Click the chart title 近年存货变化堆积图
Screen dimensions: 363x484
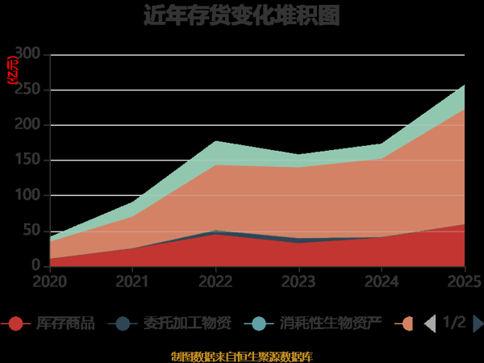241,16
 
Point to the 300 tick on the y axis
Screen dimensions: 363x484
28,55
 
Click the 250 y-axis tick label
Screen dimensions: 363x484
28,90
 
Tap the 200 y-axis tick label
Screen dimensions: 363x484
28,125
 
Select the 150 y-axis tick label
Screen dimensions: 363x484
28,161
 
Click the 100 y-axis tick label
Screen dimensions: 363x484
28,195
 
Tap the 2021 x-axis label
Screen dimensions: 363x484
132,282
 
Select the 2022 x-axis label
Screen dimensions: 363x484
215,282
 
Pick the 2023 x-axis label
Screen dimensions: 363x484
298,282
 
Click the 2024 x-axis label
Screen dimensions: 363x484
382,282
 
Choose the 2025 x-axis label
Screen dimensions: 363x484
464,282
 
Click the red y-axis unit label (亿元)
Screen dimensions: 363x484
12,71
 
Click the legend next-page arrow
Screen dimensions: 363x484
478,323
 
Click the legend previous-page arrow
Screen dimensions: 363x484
430,323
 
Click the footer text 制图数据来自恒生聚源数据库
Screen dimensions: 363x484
241,356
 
